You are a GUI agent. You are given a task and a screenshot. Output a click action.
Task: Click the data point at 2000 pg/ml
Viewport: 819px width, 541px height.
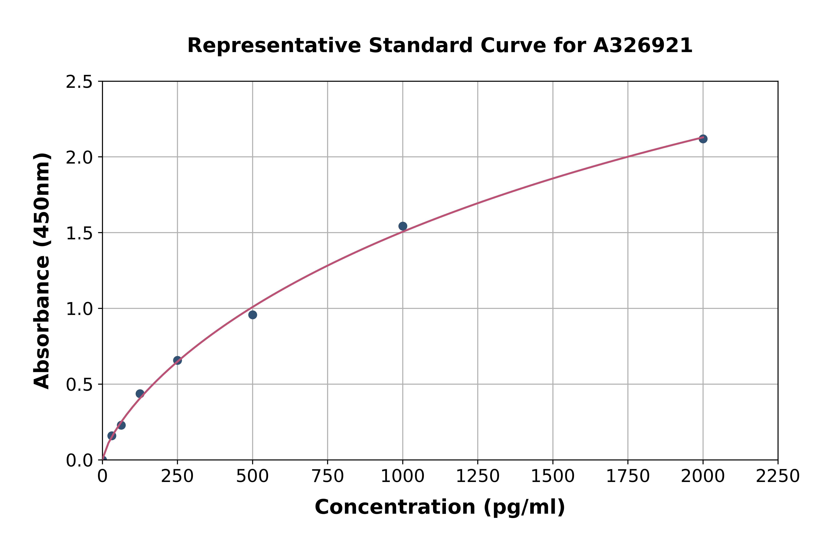703,139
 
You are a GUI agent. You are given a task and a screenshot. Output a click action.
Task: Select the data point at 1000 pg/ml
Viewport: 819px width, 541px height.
403,226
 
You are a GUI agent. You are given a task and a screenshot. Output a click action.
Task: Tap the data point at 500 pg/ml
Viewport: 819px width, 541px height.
253,315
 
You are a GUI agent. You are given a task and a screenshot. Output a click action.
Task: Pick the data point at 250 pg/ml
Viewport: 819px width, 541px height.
177,360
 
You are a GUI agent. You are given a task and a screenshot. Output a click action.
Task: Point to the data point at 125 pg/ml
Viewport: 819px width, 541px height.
140,394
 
